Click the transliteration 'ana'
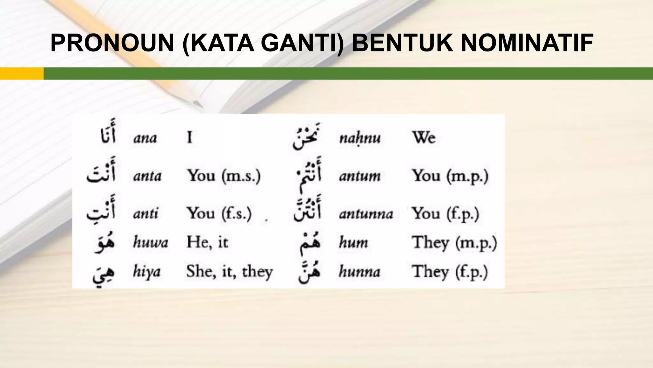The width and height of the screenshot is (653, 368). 145,138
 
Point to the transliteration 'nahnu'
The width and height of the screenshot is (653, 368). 360,138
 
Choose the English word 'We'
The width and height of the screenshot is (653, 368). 424,138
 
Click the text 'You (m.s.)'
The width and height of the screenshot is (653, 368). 224,176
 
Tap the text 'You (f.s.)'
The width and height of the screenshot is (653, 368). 219,213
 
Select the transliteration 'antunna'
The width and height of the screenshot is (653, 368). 366,214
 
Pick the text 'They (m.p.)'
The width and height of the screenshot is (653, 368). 454,243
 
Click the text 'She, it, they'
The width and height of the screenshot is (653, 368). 230,272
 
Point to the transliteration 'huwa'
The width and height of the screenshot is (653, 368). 150,242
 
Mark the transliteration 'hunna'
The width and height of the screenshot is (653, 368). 360,272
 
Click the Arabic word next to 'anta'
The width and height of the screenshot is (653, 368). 101,174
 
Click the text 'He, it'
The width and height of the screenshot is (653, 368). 207,242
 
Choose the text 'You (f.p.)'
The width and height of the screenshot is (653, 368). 445,214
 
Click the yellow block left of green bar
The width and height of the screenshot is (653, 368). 22,73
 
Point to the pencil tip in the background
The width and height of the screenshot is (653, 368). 197,104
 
